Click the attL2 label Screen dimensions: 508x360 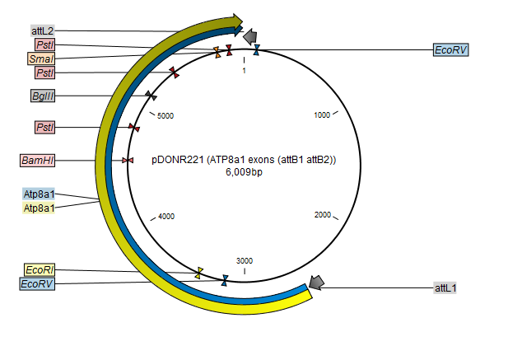[43, 30]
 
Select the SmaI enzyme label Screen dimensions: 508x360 [41, 58]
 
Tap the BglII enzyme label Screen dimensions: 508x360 [43, 96]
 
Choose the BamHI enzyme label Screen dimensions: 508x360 [37, 160]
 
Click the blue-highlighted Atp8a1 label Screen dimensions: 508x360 [39, 194]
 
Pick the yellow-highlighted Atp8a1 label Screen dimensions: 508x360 [39, 208]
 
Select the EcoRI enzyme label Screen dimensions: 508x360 [40, 269]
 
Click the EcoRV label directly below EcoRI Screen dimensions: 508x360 [37, 284]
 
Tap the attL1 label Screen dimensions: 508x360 [445, 288]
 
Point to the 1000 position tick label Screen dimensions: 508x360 [322, 115]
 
